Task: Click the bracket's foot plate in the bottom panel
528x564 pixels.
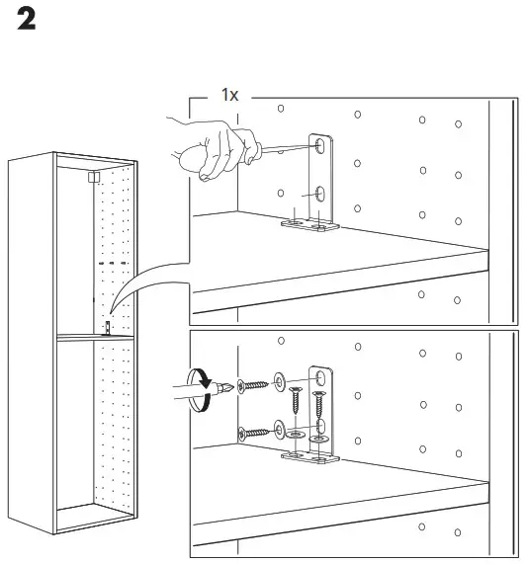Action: point(308,458)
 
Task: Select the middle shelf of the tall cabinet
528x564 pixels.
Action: point(94,339)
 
